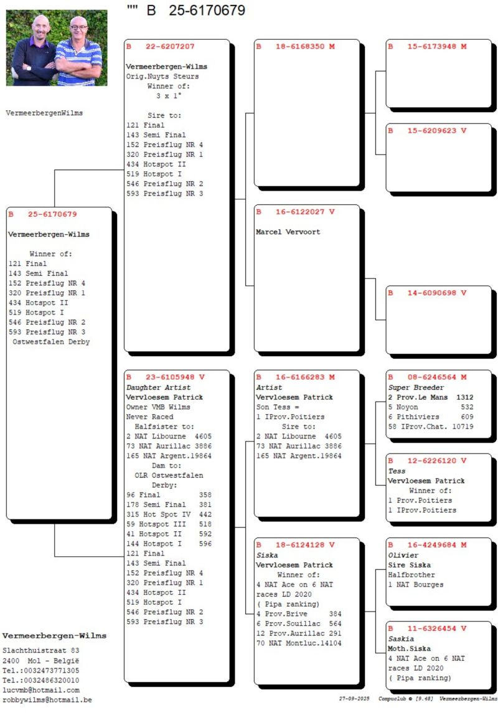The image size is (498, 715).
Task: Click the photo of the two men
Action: point(57,47)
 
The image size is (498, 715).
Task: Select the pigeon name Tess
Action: point(396,471)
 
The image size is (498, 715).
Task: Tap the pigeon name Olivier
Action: point(403,555)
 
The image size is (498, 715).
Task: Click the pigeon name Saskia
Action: point(401,638)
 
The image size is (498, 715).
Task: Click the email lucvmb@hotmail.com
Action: point(41,690)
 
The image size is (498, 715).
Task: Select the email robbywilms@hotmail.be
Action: point(47,700)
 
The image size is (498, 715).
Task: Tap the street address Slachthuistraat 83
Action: point(41,650)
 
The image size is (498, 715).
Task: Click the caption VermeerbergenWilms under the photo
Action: point(44,113)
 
